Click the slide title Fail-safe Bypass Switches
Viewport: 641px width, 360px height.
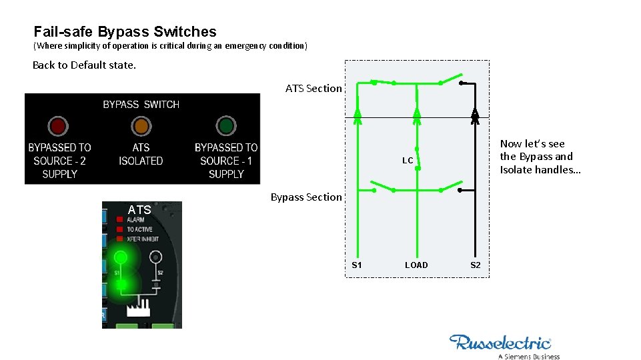coord(125,31)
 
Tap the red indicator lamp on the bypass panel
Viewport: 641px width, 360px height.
coord(58,126)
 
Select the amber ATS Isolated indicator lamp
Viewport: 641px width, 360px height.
coord(141,126)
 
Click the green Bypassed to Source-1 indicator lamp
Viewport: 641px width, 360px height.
coord(226,126)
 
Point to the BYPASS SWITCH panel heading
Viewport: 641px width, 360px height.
coord(141,105)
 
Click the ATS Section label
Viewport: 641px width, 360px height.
coord(313,88)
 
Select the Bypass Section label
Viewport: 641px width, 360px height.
coord(305,197)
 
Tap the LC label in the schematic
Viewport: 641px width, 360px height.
coord(408,161)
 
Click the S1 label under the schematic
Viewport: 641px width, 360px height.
coord(357,265)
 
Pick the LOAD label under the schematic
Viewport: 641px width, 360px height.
coord(416,265)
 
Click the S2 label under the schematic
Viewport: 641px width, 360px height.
coord(476,265)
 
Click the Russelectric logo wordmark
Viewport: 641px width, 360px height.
coord(500,343)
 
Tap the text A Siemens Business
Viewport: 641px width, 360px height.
coord(528,356)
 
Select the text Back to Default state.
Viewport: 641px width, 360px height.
coord(84,65)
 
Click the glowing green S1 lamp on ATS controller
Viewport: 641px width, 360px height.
coord(121,257)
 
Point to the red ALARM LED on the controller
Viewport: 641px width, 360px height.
coord(119,219)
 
